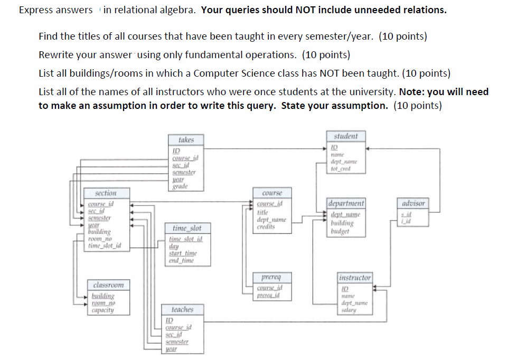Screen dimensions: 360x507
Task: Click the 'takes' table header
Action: [x=186, y=140]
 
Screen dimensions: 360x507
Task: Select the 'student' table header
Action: [x=345, y=136]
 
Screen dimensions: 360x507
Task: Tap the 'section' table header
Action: [x=106, y=194]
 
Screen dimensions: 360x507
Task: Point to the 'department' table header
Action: [x=345, y=204]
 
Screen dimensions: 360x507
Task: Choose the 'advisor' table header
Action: [x=413, y=204]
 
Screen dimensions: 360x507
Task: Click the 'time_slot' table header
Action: [x=187, y=228]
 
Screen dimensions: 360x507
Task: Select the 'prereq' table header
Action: [x=271, y=277]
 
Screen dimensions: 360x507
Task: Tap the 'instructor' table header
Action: [x=354, y=278]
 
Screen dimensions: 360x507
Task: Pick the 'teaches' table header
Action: [x=182, y=310]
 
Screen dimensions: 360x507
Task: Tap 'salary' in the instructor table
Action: [x=349, y=310]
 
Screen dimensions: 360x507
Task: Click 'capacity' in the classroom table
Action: [x=102, y=310]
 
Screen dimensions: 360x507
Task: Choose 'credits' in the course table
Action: [x=266, y=226]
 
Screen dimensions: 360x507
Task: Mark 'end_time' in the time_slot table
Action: [x=181, y=260]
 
